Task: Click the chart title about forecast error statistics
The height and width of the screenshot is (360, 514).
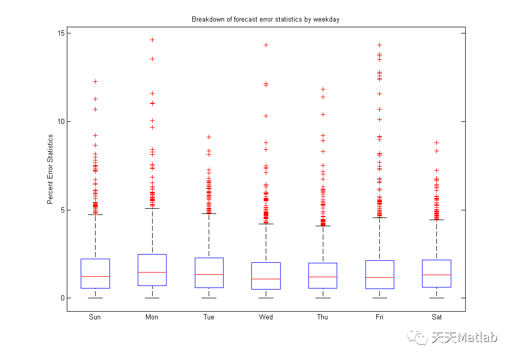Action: (266, 20)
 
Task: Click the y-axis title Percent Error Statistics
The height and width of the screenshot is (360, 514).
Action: (50, 169)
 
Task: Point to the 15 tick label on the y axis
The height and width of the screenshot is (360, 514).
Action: (61, 33)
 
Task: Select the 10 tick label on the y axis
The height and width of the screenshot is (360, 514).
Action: (61, 122)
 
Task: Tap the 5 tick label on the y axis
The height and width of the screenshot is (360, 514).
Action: (63, 210)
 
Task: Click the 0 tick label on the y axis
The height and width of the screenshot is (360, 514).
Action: (63, 298)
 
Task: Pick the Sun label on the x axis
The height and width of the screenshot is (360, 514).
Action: (95, 317)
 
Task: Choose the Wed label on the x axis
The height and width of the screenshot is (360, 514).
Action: (266, 317)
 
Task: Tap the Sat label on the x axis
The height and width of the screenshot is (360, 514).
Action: (436, 317)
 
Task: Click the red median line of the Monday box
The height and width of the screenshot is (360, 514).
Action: (152, 272)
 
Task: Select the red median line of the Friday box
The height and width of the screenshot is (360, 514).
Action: (380, 277)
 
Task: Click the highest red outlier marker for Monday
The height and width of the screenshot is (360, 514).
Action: (153, 40)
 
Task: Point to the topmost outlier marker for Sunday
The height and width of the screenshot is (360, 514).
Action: (96, 82)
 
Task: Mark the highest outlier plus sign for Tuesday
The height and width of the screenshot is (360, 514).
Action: (209, 137)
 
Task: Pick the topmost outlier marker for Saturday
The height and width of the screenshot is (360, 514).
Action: (436, 142)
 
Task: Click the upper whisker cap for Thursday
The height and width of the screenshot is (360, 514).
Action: (323, 226)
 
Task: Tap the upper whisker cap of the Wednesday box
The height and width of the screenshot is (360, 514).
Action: (266, 224)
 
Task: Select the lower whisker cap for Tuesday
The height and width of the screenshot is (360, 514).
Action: (209, 298)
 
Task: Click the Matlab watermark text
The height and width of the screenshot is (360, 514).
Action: (465, 337)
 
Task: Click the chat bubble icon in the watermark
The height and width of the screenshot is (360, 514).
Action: (417, 337)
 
